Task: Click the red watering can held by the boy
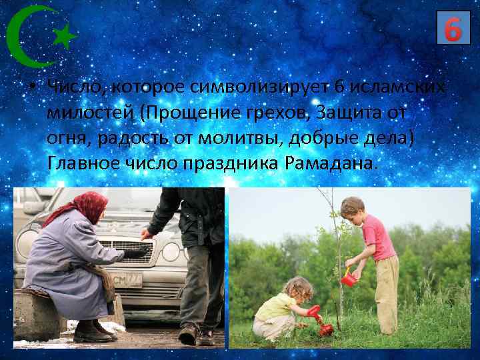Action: [x=348, y=278]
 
